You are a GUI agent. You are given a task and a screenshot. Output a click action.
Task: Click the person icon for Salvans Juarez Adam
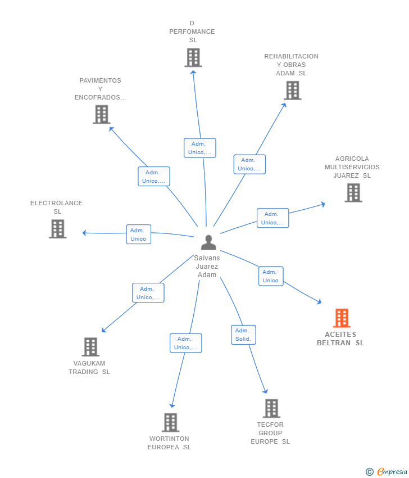click(208, 242)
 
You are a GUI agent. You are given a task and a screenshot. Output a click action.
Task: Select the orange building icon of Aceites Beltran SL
click(342, 318)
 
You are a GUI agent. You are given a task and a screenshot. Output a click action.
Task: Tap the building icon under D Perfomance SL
click(193, 57)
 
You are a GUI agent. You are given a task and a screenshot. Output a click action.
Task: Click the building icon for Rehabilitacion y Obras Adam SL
click(292, 90)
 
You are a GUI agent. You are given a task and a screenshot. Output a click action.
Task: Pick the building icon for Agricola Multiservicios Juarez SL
click(353, 193)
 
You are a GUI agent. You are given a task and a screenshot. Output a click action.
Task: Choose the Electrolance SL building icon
click(57, 229)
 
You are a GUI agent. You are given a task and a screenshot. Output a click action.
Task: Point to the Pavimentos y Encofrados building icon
click(101, 115)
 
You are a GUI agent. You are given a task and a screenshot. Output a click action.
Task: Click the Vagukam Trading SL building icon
click(90, 347)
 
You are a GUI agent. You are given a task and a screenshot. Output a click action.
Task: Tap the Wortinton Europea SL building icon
click(170, 422)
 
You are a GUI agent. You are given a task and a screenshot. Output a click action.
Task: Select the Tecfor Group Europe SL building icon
click(271, 408)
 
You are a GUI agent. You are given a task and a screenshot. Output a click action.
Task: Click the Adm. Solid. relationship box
click(243, 335)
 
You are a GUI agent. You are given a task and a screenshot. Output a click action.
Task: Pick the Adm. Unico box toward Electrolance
click(138, 235)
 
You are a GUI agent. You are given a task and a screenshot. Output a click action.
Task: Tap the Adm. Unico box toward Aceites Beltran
click(270, 276)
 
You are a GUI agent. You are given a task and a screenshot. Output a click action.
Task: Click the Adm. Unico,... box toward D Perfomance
click(199, 148)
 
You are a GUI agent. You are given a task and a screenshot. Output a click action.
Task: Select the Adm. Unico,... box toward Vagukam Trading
click(148, 293)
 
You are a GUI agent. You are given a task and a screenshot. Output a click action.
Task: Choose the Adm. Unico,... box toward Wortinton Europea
click(185, 343)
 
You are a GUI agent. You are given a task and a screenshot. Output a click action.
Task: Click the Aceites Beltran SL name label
click(340, 339)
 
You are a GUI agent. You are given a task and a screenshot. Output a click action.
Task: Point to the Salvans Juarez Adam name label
click(207, 267)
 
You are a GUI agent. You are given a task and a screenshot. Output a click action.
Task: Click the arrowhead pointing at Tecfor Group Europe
click(266, 391)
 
